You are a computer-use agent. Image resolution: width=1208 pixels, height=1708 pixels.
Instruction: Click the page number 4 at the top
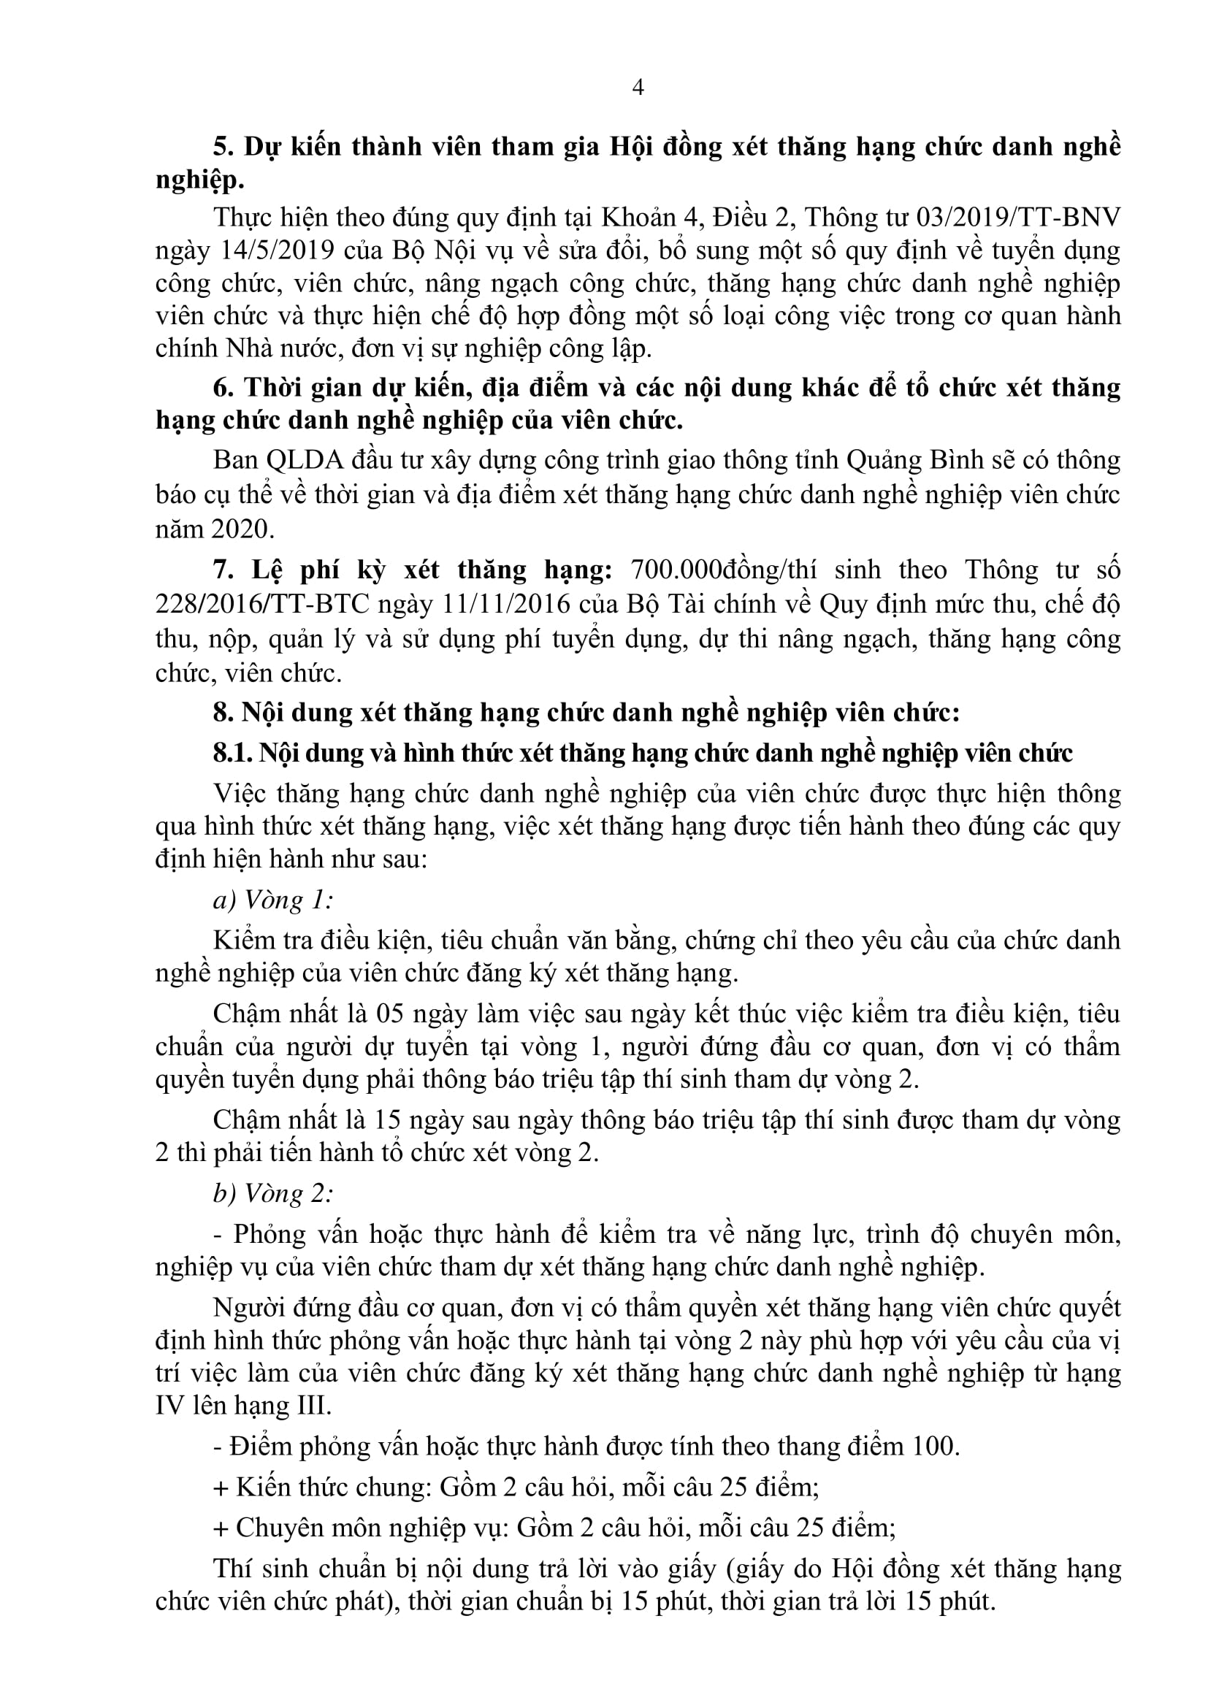[x=638, y=88]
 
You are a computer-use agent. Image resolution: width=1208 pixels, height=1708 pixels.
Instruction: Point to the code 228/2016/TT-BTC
[x=262, y=603]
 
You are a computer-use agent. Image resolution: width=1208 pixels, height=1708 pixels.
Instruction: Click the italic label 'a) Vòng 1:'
[x=272, y=900]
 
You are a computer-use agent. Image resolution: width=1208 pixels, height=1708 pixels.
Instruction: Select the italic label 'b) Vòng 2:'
[x=272, y=1193]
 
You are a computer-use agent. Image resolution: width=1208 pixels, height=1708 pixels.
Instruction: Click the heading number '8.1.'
[x=232, y=753]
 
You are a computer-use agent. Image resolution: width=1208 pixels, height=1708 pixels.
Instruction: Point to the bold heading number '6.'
[x=224, y=388]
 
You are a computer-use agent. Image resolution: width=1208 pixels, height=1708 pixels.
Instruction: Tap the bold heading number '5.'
[x=224, y=147]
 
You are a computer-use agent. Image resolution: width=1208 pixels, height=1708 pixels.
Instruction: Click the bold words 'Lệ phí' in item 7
[x=294, y=570]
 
